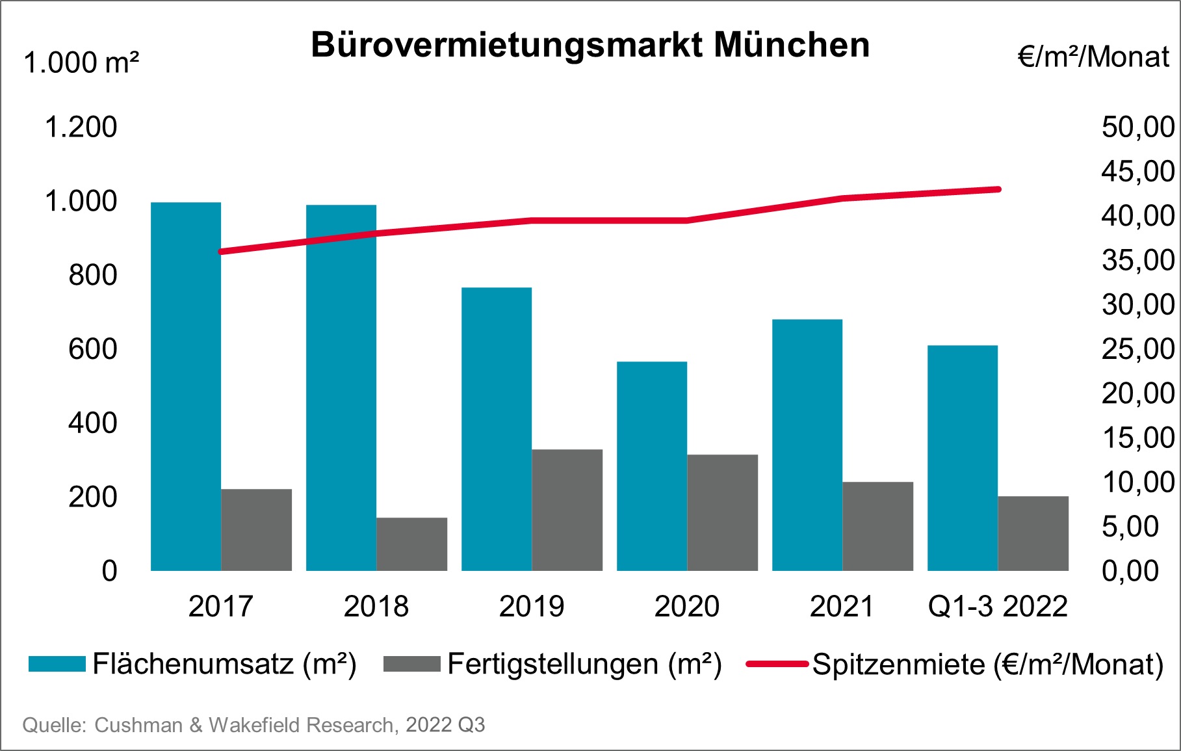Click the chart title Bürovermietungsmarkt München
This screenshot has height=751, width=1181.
(590, 46)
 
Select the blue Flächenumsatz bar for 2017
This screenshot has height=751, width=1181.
(186, 387)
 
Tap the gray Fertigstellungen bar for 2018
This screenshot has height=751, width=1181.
(411, 544)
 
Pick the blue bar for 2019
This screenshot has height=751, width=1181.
(497, 429)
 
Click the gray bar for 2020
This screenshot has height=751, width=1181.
(722, 512)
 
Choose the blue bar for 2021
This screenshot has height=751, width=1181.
(807, 445)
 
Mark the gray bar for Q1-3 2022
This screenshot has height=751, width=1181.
(1033, 533)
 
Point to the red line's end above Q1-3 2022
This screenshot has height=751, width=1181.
(998, 189)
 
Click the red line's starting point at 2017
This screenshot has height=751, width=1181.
(221, 252)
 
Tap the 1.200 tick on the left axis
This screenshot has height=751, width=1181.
(81, 127)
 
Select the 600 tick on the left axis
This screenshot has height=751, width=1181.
(93, 349)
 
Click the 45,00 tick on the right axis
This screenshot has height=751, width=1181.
(1137, 171)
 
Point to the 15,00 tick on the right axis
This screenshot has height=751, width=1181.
(1137, 438)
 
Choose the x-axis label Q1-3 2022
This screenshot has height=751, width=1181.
(998, 607)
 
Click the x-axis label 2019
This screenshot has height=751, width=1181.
(531, 607)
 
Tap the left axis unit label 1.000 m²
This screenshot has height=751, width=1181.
(81, 63)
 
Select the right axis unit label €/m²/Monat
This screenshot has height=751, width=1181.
(1093, 57)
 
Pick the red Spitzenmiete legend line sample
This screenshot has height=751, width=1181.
(777, 664)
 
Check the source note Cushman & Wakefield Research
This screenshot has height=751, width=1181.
(253, 725)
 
